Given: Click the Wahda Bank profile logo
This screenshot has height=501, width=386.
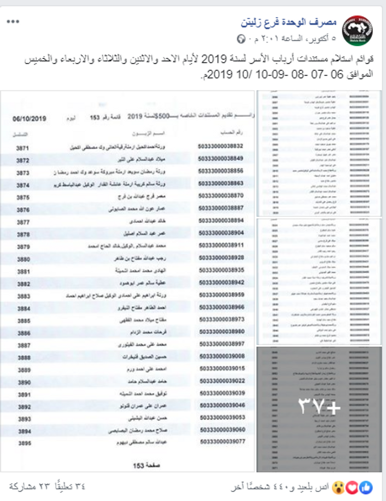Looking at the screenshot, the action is point(357,30).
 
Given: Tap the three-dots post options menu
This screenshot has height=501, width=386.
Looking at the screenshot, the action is point(14,22).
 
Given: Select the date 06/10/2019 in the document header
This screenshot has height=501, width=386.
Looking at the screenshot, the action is point(30,119).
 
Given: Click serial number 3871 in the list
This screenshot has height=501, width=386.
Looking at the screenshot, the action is point(23,148).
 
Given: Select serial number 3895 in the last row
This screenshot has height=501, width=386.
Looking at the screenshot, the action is point(23,443).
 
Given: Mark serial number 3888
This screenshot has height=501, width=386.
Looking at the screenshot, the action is point(23,357).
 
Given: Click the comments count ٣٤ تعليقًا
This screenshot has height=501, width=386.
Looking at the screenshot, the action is point(68,487).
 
